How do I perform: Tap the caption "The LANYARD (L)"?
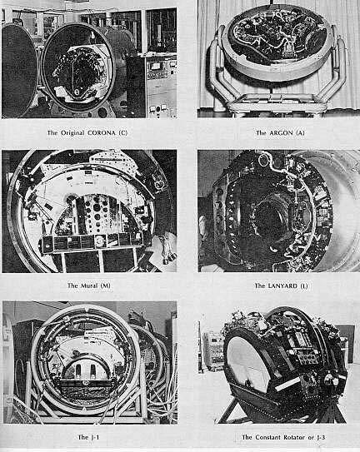click(270, 286)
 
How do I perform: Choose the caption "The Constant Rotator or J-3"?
click(270, 436)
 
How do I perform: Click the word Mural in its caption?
click(91, 286)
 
